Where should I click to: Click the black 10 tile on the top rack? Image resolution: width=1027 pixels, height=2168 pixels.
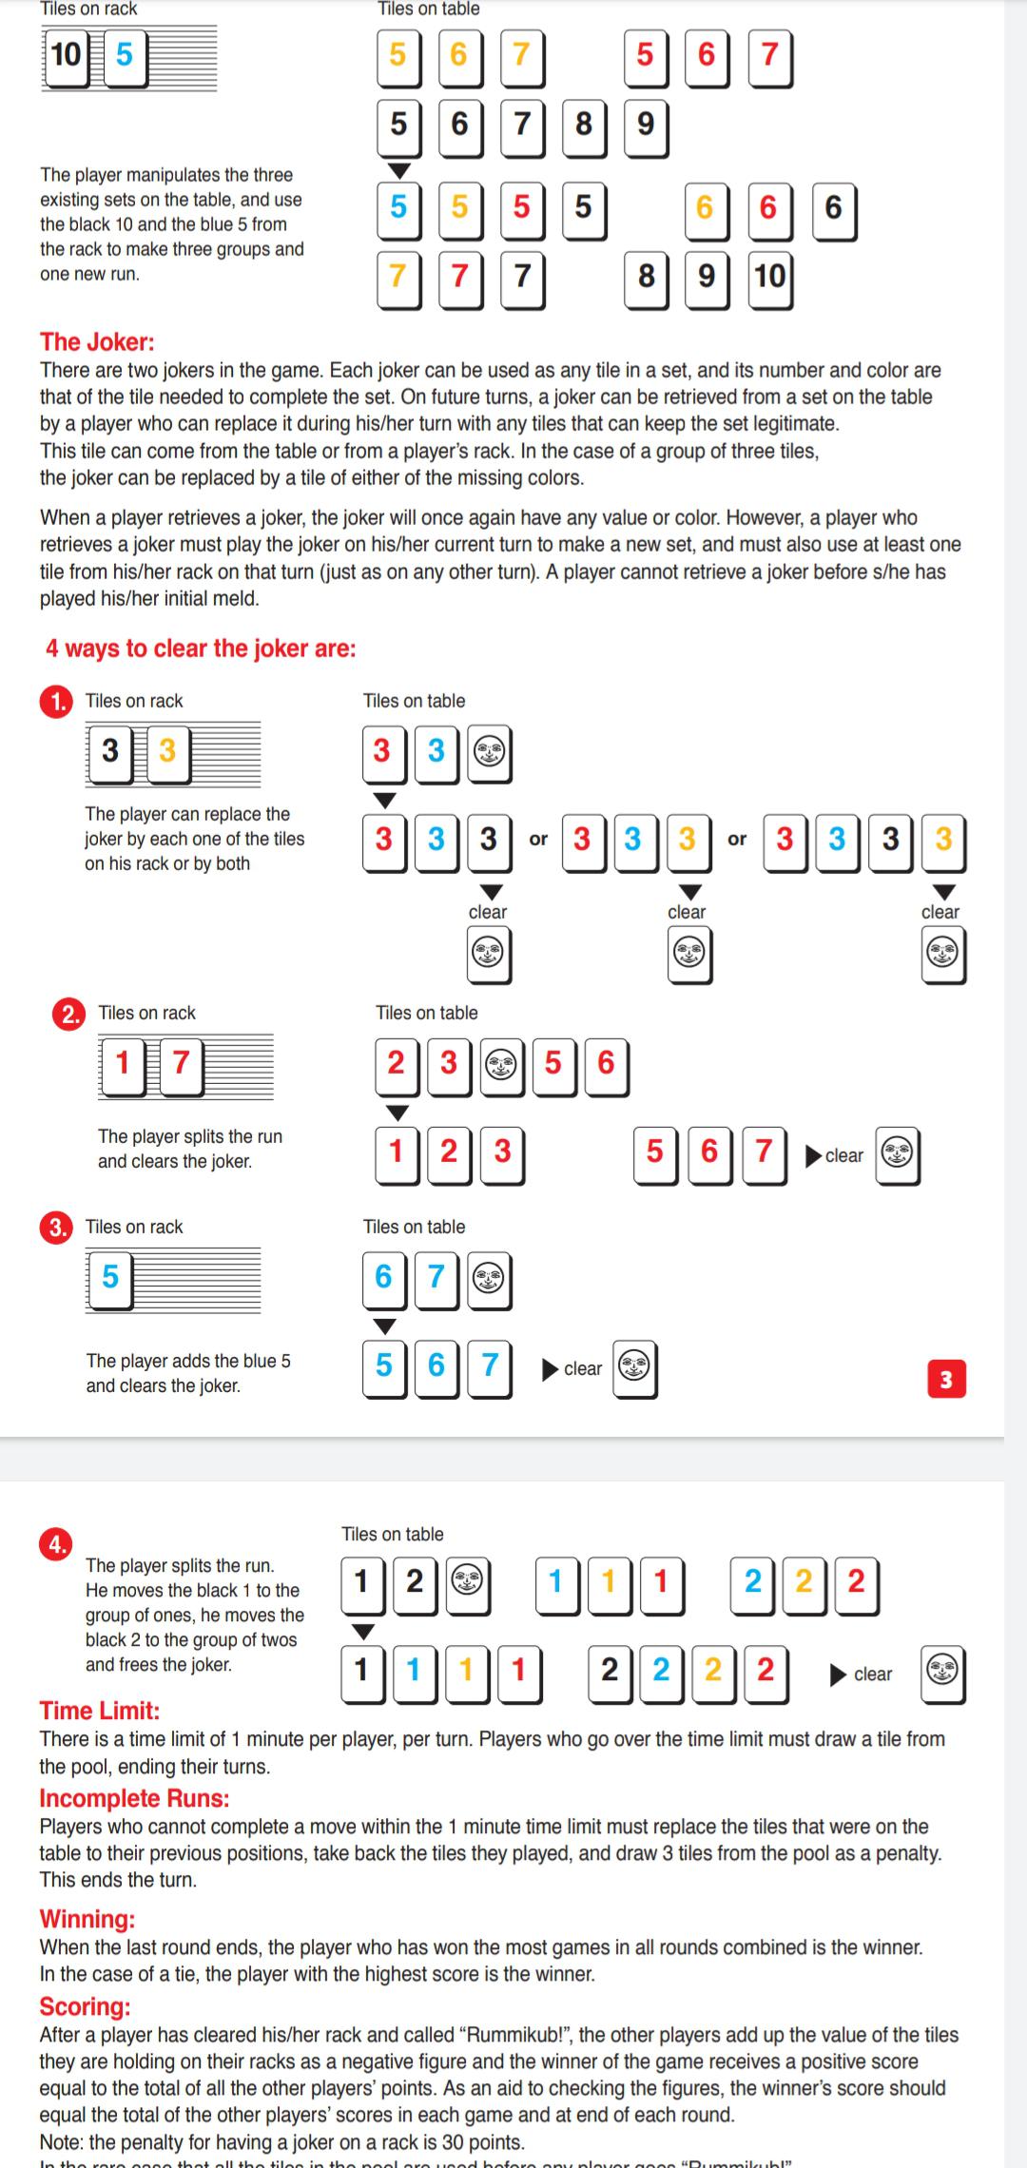pyautogui.click(x=66, y=55)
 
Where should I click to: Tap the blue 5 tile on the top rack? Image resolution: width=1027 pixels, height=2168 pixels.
pyautogui.click(x=125, y=55)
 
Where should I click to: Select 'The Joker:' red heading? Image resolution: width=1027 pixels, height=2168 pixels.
pyautogui.click(x=97, y=341)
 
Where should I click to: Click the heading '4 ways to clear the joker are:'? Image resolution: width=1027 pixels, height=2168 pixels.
pyautogui.click(x=201, y=648)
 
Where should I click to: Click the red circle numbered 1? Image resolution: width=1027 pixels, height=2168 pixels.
pyautogui.click(x=56, y=702)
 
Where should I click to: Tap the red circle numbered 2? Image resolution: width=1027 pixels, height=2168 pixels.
pyautogui.click(x=68, y=1014)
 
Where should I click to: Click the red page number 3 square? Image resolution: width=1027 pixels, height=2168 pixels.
pyautogui.click(x=945, y=1379)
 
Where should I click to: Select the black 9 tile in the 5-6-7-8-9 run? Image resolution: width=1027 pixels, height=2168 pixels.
pyautogui.click(x=646, y=125)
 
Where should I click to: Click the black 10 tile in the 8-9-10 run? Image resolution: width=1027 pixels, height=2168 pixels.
pyautogui.click(x=769, y=277)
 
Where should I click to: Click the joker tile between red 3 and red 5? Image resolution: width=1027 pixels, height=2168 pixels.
pyautogui.click(x=501, y=1064)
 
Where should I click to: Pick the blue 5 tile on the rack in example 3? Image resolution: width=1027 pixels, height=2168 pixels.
pyautogui.click(x=110, y=1276)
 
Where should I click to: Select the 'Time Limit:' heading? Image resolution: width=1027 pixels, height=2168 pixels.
pyautogui.click(x=100, y=1711)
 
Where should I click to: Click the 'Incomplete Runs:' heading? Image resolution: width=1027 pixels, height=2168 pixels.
pyautogui.click(x=134, y=1798)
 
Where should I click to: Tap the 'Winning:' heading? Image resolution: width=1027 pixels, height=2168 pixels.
pyautogui.click(x=87, y=1919)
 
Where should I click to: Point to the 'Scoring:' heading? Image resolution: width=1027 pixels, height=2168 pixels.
pyautogui.click(x=85, y=2006)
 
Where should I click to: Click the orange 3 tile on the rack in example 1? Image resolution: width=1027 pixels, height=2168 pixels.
pyautogui.click(x=167, y=751)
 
